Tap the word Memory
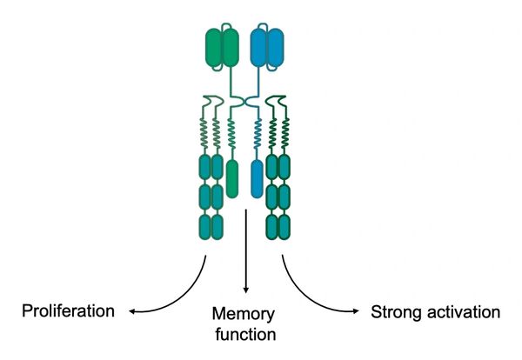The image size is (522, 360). [x=245, y=314]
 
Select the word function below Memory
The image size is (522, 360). [x=245, y=333]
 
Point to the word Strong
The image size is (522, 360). [x=396, y=311]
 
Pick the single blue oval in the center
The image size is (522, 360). [x=257, y=177]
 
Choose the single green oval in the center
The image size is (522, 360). [x=232, y=177]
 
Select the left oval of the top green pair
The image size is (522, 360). [x=213, y=46]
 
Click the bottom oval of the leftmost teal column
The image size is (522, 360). [x=205, y=227]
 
